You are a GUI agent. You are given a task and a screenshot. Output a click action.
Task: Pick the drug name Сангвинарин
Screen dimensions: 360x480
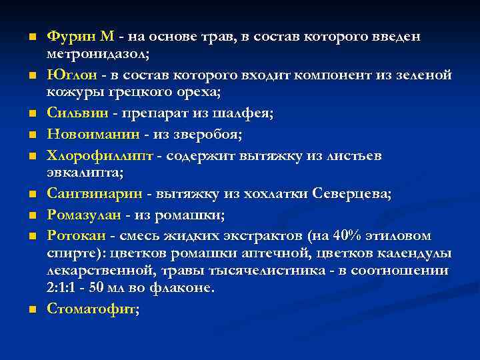[x=96, y=193]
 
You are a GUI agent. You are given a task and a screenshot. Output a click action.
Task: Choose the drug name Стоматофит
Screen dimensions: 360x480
[x=92, y=309]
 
